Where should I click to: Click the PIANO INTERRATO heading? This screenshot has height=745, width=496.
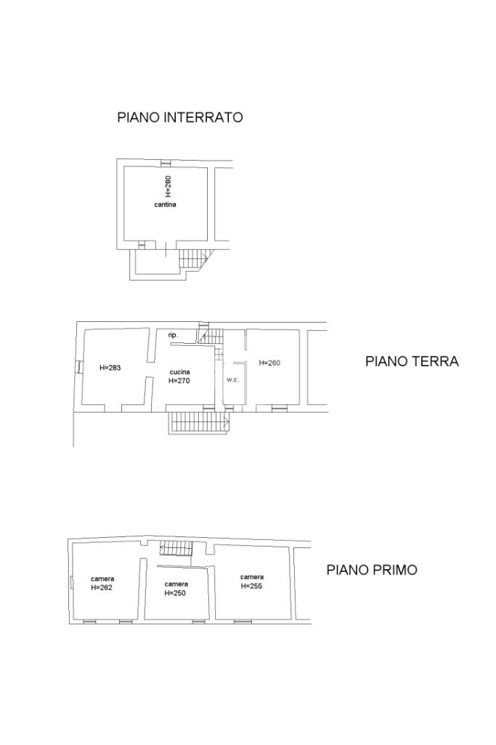[180, 117]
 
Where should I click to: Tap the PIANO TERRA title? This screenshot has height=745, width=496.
[412, 361]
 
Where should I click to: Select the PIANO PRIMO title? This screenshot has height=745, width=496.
[372, 570]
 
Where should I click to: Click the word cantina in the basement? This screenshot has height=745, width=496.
[165, 205]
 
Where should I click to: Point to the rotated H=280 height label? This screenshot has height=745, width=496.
[168, 187]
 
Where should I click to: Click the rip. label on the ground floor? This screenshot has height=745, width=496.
[174, 336]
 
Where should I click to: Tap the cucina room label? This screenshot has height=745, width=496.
[180, 372]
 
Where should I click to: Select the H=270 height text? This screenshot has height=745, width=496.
[179, 381]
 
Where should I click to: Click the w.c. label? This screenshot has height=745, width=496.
[232, 380]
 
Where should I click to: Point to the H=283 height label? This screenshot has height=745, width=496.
[110, 367]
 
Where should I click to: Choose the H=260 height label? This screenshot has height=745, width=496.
[269, 363]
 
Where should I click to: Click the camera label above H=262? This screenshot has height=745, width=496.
[102, 579]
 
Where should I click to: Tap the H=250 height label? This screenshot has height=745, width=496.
[175, 593]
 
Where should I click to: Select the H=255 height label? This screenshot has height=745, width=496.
[251, 586]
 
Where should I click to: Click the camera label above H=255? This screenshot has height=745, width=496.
[252, 577]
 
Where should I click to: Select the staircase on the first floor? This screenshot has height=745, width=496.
[176, 549]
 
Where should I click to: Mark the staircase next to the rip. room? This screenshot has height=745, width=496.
[211, 336]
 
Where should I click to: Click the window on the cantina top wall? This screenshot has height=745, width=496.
[165, 163]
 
